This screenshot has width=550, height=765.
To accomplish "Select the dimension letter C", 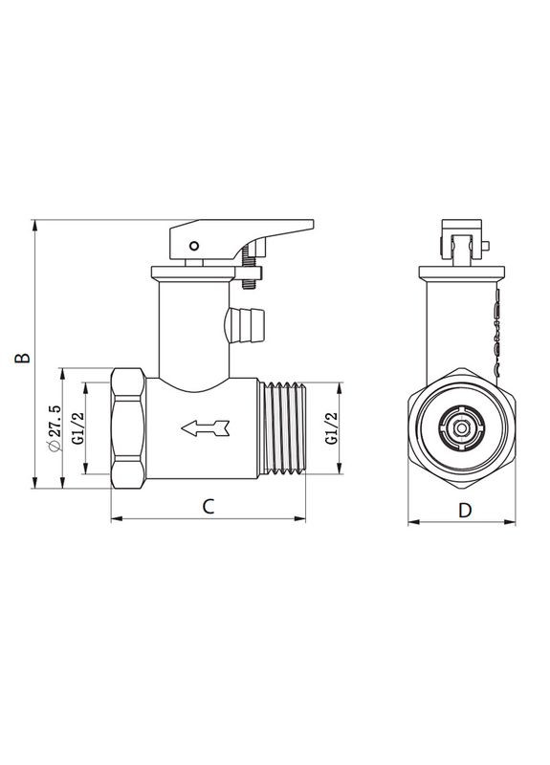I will (207, 507).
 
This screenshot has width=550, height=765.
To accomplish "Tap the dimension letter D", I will (465, 509).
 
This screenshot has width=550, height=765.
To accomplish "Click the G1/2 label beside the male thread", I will (331, 427).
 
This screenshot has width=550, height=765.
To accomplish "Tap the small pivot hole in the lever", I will (194, 245).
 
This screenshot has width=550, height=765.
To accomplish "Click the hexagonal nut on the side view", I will (127, 427).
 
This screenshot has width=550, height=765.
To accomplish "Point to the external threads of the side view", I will (283, 427).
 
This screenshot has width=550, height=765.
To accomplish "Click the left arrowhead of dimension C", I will (116, 520).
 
